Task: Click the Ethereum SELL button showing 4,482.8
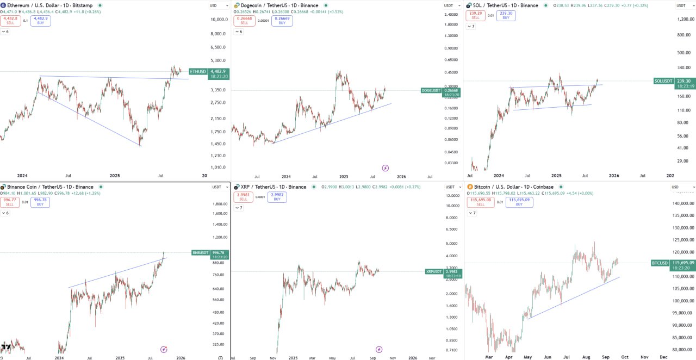click(x=11, y=21)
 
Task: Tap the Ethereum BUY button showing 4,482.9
click(x=41, y=21)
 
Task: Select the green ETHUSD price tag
click(x=198, y=71)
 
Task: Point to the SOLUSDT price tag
click(x=663, y=81)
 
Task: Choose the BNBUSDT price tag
click(x=200, y=252)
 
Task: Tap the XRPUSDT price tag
click(x=433, y=271)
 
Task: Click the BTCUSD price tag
click(x=660, y=263)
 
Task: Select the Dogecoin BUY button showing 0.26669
click(x=282, y=21)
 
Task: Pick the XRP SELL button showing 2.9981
click(x=243, y=197)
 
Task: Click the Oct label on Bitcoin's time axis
click(x=625, y=357)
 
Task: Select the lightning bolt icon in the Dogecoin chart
click(x=386, y=168)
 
